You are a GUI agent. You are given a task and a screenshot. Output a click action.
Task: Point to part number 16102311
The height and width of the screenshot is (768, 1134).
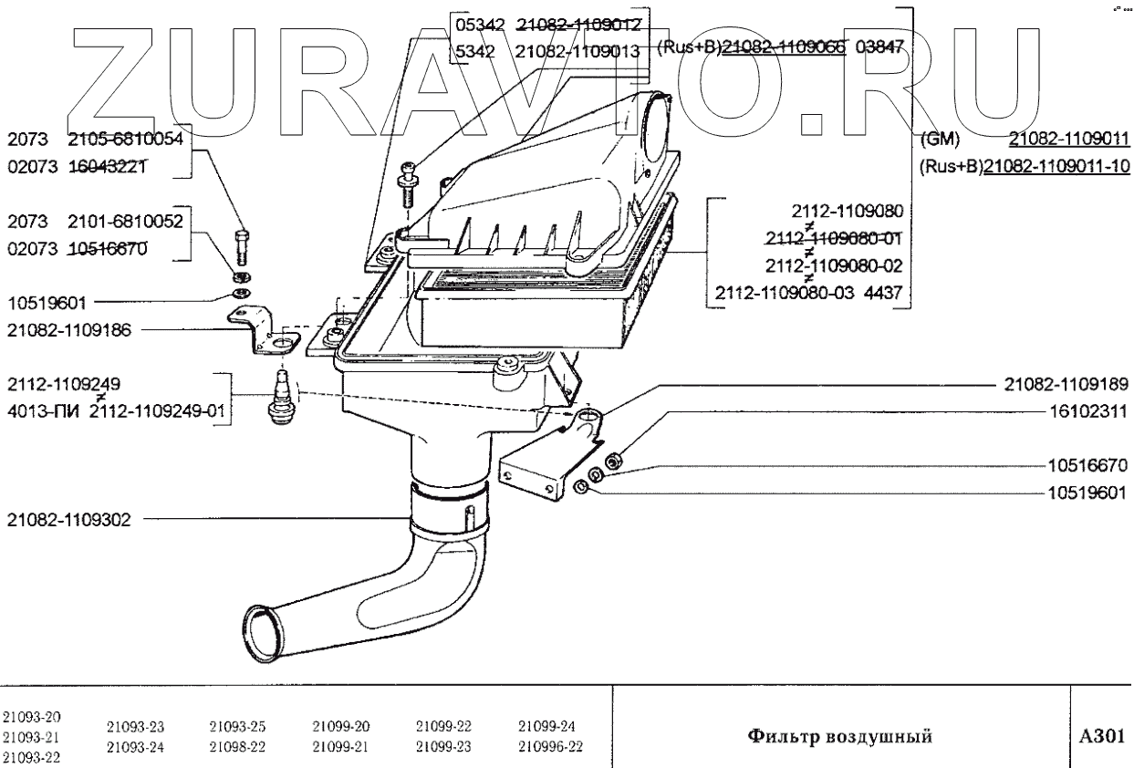point(1087,411)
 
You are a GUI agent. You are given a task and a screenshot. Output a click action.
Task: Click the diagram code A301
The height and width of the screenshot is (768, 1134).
point(1100,735)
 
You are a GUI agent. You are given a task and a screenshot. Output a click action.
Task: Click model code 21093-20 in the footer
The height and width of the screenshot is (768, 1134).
point(32,716)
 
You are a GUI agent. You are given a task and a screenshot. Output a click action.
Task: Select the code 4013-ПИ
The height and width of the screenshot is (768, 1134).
point(44,412)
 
